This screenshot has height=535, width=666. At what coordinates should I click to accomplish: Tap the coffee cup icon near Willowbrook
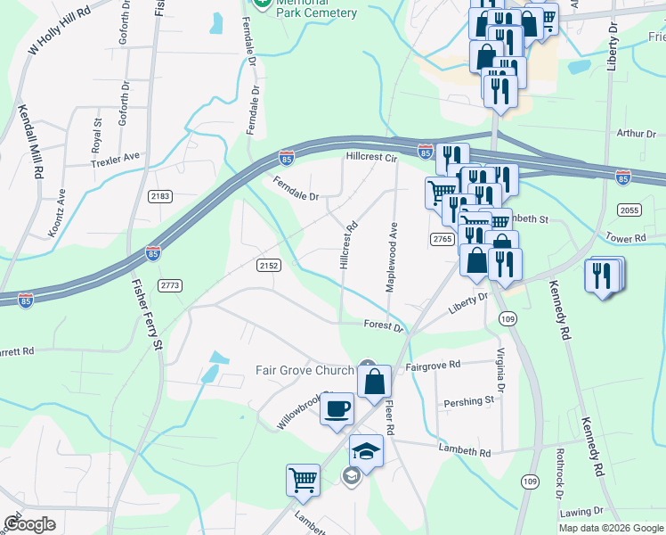click(336, 409)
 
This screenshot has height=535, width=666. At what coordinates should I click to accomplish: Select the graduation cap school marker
click(365, 453)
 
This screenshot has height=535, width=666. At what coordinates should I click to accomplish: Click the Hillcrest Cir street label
click(370, 158)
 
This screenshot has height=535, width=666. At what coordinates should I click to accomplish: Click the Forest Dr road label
click(384, 326)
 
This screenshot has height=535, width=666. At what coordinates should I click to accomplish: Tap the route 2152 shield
click(269, 265)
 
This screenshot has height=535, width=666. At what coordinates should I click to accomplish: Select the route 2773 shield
click(170, 284)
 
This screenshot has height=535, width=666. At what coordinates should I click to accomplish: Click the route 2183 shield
click(161, 196)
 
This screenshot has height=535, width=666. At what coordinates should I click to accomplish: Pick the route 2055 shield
click(629, 209)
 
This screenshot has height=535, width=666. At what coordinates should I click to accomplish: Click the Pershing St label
click(470, 401)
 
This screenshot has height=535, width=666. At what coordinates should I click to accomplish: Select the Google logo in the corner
click(28, 524)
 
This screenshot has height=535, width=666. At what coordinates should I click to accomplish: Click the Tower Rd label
click(626, 239)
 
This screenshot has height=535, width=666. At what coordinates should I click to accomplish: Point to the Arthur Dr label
click(636, 134)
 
